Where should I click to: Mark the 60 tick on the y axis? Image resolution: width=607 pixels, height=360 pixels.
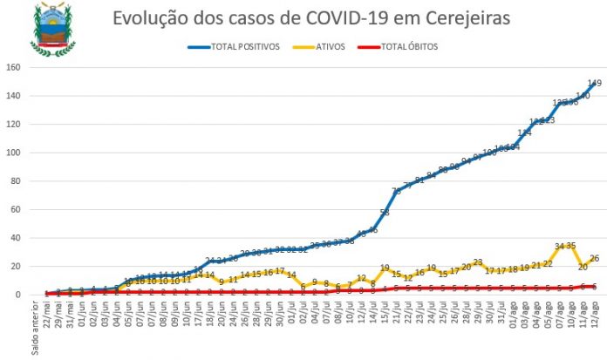(x=17, y=210)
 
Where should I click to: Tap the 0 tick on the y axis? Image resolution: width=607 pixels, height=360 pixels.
(x=19, y=295)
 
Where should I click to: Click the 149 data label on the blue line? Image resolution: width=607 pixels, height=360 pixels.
(x=594, y=84)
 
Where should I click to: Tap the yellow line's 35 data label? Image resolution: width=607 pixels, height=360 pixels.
(x=571, y=246)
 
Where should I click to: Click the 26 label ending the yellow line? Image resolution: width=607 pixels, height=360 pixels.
(x=594, y=258)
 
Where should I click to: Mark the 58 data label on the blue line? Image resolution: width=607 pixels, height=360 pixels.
(x=385, y=213)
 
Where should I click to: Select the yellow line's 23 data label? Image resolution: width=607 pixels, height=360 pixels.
(x=478, y=262)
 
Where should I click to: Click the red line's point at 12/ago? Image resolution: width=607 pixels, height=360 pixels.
(x=594, y=286)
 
